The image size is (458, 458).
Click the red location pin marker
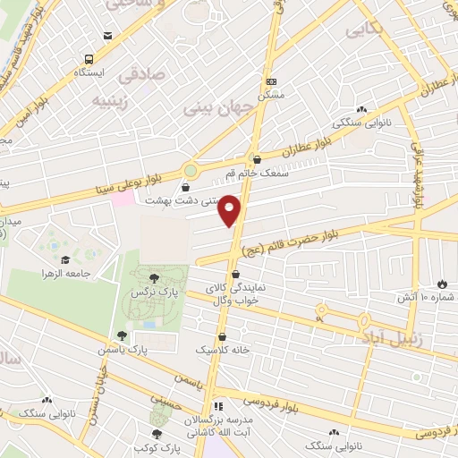(x=231, y=209)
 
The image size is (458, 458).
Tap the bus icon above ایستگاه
(x=88, y=58)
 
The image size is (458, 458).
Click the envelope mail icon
(x=108, y=36)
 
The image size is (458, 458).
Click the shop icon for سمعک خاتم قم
(x=257, y=160)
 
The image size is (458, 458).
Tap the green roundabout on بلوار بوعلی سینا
(x=190, y=169)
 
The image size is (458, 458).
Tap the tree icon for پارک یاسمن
(x=122, y=335)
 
